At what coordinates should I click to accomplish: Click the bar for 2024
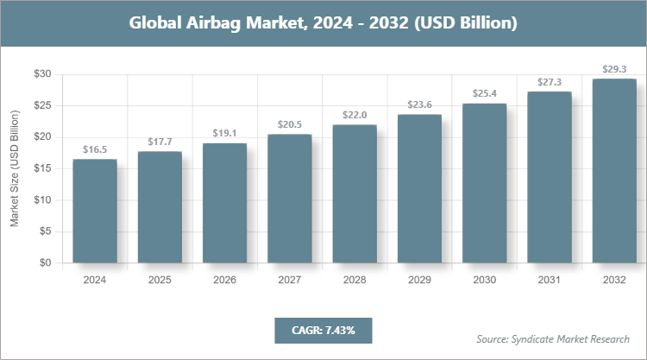(95, 212)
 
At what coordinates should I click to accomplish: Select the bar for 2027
(290, 199)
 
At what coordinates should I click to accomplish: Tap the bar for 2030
(485, 183)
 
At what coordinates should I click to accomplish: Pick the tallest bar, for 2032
(614, 171)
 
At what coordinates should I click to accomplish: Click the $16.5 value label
(95, 149)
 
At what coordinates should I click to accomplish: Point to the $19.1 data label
(225, 133)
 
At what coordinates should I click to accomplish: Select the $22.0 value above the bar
(355, 115)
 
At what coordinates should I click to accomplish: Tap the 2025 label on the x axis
(160, 280)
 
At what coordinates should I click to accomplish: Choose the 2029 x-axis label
(419, 280)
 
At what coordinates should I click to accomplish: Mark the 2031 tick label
(550, 280)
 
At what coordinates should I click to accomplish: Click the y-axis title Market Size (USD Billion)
(15, 168)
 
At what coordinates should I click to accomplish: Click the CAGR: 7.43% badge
(323, 330)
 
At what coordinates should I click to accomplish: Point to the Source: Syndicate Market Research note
(553, 338)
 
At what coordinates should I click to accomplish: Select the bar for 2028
(355, 194)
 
